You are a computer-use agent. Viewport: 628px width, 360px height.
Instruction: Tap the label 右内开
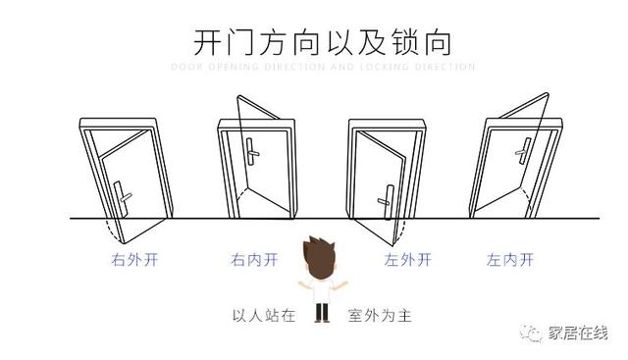[254, 261]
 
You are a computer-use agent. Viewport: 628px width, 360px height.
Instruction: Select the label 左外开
[408, 261]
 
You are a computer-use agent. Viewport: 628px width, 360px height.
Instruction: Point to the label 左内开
[510, 261]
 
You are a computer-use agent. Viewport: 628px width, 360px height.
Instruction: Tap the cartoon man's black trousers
[320, 312]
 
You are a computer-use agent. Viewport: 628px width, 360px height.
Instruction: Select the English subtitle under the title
[323, 68]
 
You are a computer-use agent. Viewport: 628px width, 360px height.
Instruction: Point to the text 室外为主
[376, 316]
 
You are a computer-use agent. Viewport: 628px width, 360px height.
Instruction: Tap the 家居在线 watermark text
[582, 334]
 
